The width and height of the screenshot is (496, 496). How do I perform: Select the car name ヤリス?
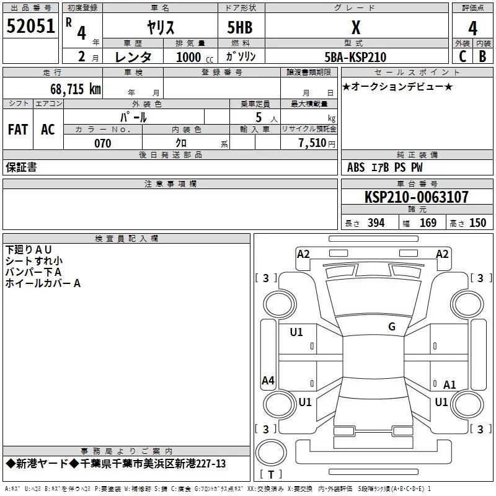click(x=160, y=27)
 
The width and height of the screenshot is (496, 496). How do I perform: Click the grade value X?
click(x=355, y=27)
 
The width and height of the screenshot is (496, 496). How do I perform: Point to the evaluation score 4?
click(x=472, y=27)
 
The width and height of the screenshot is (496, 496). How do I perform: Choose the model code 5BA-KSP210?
click(x=355, y=57)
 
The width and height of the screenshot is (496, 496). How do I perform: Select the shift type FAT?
click(x=17, y=129)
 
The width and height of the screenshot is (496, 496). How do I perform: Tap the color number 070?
click(x=102, y=143)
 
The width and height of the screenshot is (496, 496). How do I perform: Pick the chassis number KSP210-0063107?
click(x=416, y=197)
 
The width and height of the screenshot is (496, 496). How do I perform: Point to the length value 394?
click(x=375, y=223)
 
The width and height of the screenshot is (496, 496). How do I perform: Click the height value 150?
click(x=477, y=223)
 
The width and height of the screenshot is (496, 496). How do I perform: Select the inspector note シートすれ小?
click(x=33, y=261)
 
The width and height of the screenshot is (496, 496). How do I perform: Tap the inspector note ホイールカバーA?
click(x=43, y=283)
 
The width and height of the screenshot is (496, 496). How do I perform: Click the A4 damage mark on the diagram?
click(x=268, y=381)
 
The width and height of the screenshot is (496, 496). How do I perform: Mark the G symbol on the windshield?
click(x=392, y=327)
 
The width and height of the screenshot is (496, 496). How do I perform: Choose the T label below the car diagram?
click(x=270, y=474)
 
